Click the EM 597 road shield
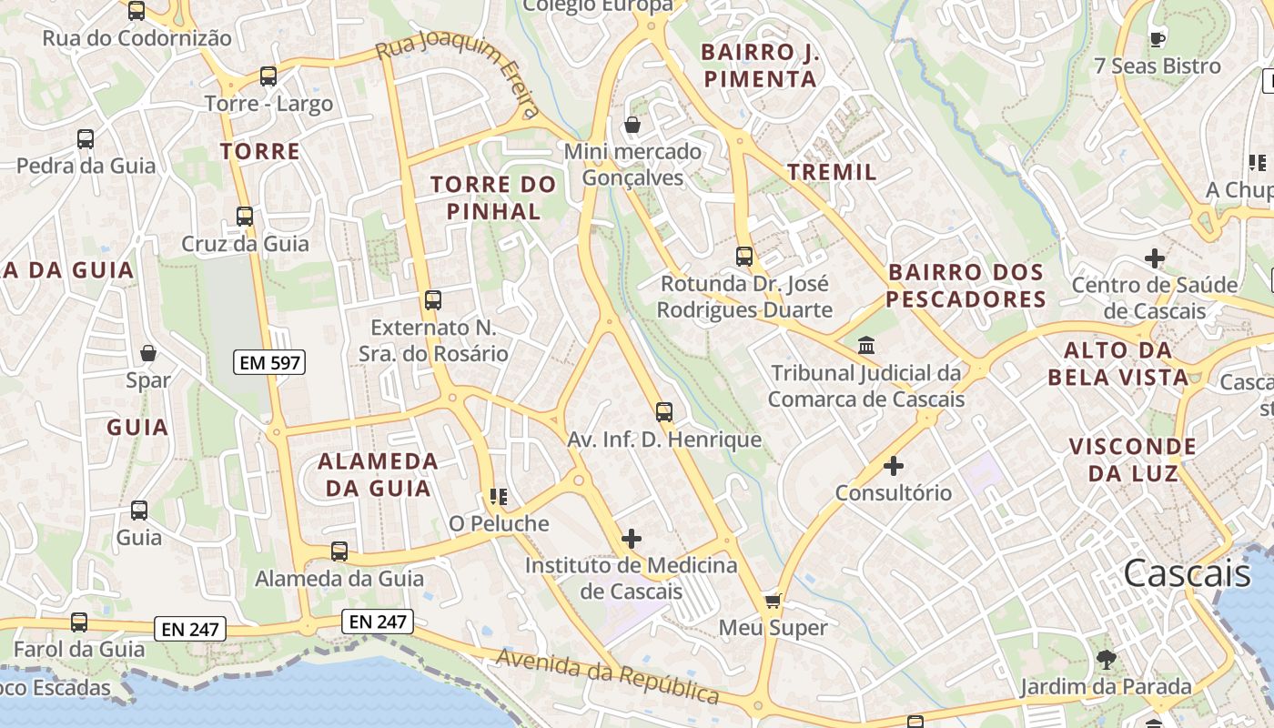pyautogui.click(x=269, y=362)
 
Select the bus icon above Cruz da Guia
pyautogui.click(x=245, y=217)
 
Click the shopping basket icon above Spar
pyautogui.click(x=148, y=353)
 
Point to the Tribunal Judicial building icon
pyautogui.click(x=866, y=346)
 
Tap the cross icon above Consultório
pyautogui.click(x=894, y=466)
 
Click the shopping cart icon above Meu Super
pyautogui.click(x=773, y=601)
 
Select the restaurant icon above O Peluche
pyautogui.click(x=498, y=496)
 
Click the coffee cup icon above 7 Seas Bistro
pyautogui.click(x=1157, y=39)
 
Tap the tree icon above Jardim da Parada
pyautogui.click(x=1106, y=660)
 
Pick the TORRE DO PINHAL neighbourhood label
pyautogui.click(x=492, y=197)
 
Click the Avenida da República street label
pyautogui.click(x=608, y=677)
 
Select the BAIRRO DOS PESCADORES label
pyautogui.click(x=966, y=286)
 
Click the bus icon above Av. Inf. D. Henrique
pyautogui.click(x=664, y=412)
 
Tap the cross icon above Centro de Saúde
pyautogui.click(x=1154, y=258)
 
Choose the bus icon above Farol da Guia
pyautogui.click(x=79, y=622)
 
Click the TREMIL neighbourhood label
pyautogui.click(x=832, y=172)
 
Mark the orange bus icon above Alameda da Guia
pyautogui.click(x=339, y=551)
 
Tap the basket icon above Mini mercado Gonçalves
pyautogui.click(x=632, y=125)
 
